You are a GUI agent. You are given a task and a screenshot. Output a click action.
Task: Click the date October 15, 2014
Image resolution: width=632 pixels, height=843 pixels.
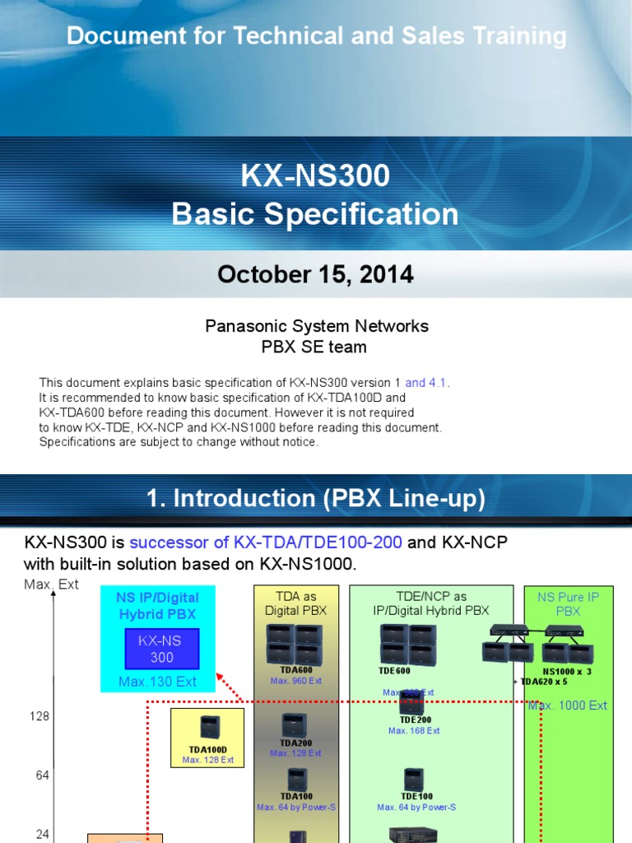tap(315, 275)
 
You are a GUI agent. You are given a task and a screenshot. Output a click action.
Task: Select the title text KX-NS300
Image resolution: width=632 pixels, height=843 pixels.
tap(315, 175)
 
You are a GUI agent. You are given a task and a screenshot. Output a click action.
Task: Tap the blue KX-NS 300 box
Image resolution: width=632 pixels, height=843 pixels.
tap(157, 650)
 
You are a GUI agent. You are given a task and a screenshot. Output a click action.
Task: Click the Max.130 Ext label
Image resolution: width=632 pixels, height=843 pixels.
tap(157, 682)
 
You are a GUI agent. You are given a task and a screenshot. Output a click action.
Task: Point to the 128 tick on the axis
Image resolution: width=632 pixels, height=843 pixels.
tap(39, 716)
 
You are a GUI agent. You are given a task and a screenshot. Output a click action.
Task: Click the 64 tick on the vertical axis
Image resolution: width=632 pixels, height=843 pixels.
tap(42, 775)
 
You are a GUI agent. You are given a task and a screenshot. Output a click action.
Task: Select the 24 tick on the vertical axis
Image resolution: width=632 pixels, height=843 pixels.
tap(42, 834)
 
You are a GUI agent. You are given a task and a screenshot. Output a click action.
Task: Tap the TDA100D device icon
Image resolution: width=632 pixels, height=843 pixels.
tap(208, 728)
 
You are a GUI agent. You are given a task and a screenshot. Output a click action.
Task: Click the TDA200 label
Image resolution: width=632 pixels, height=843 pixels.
tap(295, 743)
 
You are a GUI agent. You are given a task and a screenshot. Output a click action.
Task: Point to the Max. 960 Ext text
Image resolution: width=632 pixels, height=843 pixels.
tap(295, 681)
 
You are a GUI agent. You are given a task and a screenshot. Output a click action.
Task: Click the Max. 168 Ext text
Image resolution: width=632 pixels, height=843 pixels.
tap(414, 730)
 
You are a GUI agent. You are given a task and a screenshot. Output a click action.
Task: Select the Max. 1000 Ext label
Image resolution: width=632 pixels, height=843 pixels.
tap(568, 706)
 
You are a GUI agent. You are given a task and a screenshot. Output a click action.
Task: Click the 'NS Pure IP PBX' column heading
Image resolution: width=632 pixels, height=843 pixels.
tap(569, 603)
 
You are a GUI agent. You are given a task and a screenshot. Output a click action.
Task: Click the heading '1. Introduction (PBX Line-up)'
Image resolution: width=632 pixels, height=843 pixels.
tap(315, 498)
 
